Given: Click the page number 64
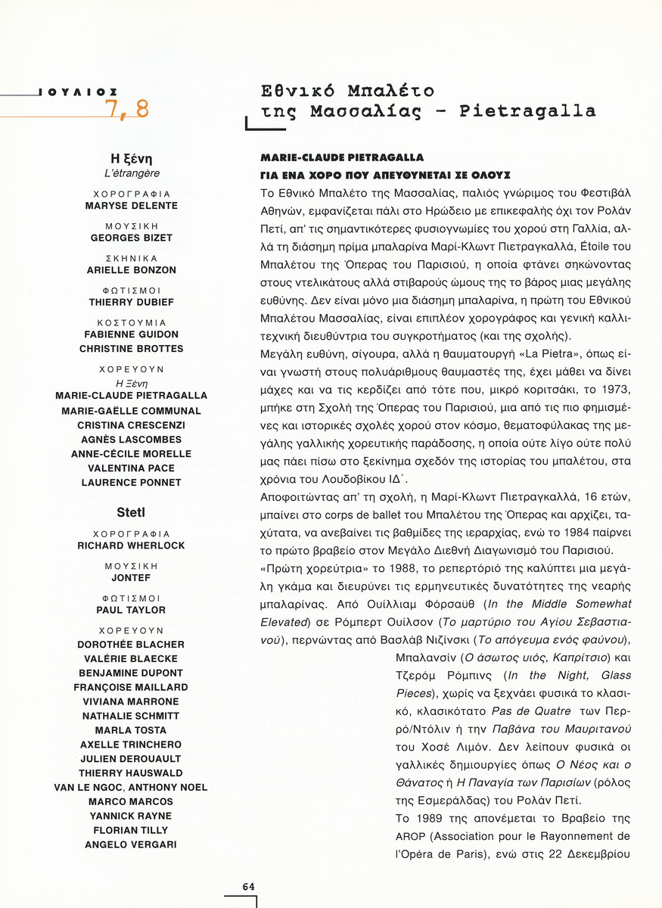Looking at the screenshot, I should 248,886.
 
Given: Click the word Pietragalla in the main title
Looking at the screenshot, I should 527,111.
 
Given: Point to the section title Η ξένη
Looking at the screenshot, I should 132,159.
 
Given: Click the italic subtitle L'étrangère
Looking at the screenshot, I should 132,173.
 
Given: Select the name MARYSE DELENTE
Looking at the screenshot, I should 132,206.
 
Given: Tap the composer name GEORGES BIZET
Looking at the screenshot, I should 132,238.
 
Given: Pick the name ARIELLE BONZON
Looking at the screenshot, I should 132,270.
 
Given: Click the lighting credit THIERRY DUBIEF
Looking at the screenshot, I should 132,302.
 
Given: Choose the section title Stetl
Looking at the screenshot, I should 132,512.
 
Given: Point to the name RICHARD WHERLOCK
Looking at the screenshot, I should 132,545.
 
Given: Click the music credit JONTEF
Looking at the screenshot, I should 132,577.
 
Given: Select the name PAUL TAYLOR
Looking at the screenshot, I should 132,610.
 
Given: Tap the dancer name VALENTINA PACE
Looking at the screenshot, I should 132,468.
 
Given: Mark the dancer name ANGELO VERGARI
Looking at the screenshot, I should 132,844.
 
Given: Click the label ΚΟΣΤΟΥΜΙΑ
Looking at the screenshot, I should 132,322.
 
